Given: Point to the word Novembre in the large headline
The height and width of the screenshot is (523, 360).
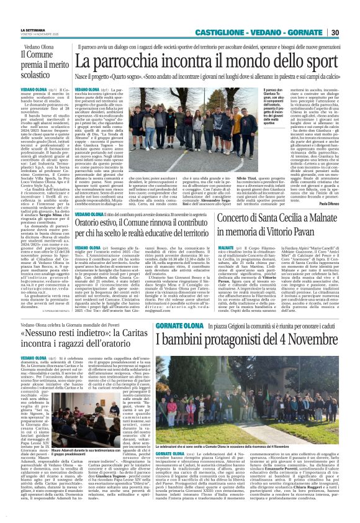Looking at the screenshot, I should point(312,339).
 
